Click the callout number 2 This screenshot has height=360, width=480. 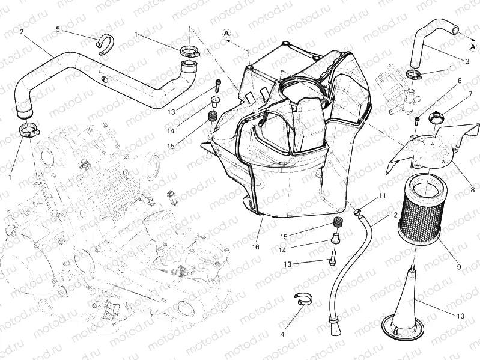click(22, 32)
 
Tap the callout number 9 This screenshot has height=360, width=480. click(458, 266)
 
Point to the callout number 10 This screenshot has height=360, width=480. click(461, 315)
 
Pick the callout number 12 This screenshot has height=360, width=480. click(393, 215)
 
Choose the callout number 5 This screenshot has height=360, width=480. click(58, 29)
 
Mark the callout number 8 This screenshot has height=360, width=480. click(473, 190)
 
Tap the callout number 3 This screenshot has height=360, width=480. click(467, 61)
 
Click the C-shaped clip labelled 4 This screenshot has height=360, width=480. click(304, 299)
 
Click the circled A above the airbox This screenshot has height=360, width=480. click(228, 33)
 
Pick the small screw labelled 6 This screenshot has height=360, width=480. click(416, 120)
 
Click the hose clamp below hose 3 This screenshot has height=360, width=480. click(413, 75)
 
